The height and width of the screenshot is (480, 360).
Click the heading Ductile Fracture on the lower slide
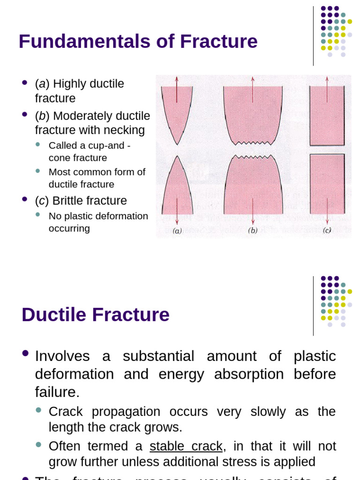click(96, 315)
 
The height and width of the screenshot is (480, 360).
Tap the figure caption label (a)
click(177, 231)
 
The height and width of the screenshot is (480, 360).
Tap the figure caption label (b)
click(253, 231)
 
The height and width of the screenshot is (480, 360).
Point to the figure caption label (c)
click(327, 230)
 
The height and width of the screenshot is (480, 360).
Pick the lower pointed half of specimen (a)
click(177, 187)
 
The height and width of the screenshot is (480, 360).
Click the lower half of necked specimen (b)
click(253, 185)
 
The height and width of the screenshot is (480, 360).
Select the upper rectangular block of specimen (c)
click(327, 115)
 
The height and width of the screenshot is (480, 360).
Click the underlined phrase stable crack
click(186, 446)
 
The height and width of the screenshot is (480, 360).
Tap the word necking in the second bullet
click(126, 130)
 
